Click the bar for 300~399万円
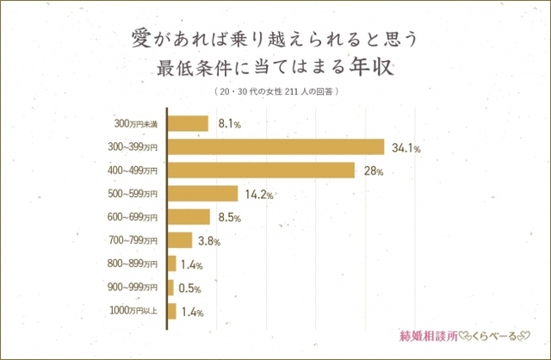click(275, 147)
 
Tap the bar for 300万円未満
click(187, 124)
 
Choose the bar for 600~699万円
click(188, 217)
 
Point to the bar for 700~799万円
click(179, 240)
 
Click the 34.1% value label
click(405, 148)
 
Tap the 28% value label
click(373, 171)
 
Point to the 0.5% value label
click(191, 288)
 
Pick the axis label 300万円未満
click(136, 124)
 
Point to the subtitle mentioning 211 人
click(275, 90)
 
